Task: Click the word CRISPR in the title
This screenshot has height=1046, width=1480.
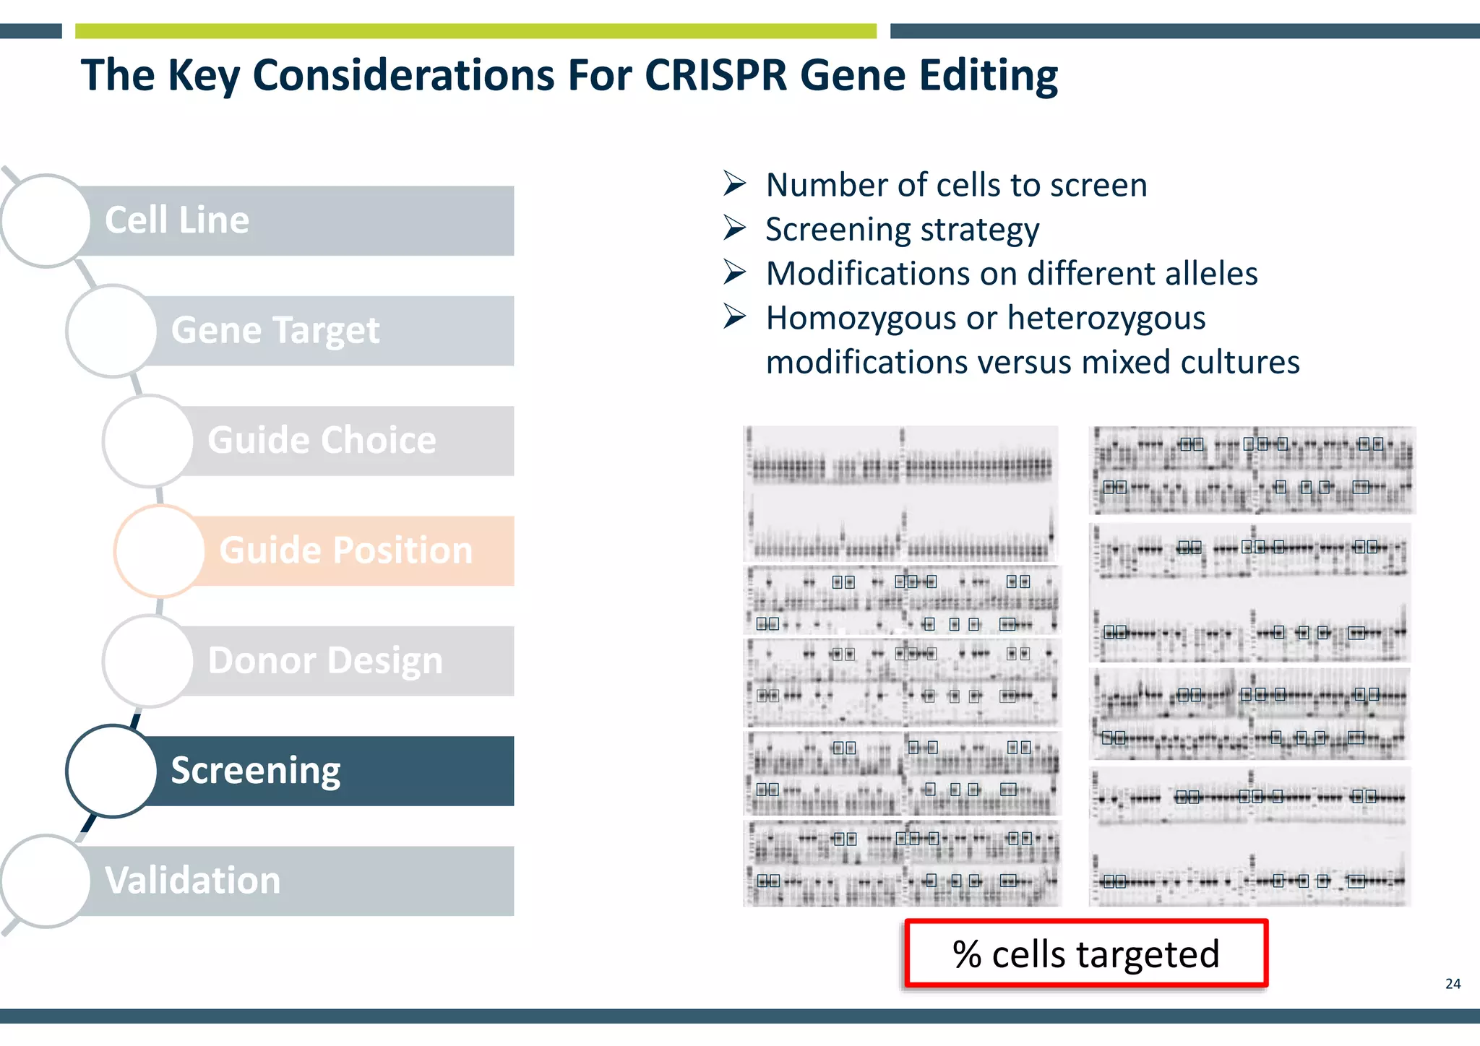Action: tap(715, 75)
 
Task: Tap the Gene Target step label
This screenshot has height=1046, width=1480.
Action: tap(275, 331)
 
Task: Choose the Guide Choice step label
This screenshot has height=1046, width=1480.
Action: tap(322, 441)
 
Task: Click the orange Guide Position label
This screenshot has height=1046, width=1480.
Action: tap(345, 550)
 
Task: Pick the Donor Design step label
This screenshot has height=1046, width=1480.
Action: tap(325, 661)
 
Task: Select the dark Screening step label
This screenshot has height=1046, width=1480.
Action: tap(256, 771)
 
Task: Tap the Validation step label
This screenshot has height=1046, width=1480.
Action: tap(192, 881)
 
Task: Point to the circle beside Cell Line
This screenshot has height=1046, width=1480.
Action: tap(46, 220)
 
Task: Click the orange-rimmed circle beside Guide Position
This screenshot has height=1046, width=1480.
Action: tap(160, 550)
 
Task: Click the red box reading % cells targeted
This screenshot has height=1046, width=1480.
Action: tap(1085, 954)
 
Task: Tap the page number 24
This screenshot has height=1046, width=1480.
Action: tap(1453, 984)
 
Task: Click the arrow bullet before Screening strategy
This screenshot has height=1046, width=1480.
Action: tap(734, 228)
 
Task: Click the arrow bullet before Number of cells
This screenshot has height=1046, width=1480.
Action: tap(734, 183)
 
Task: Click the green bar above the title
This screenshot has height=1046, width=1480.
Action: tap(476, 31)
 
